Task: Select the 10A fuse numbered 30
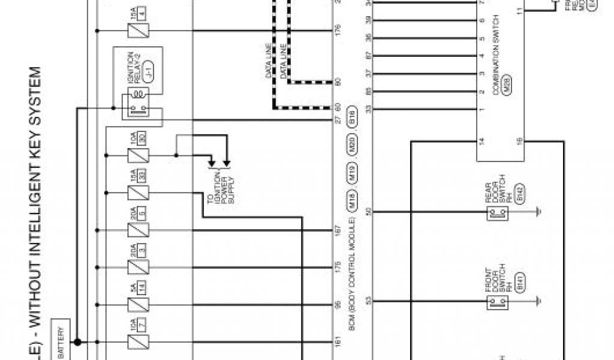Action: pyautogui.click(x=135, y=155)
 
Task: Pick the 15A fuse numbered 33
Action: pyautogui.click(x=135, y=193)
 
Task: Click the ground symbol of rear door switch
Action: pyautogui.click(x=539, y=212)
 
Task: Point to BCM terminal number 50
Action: pyautogui.click(x=369, y=212)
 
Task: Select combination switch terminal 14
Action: pyautogui.click(x=481, y=142)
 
